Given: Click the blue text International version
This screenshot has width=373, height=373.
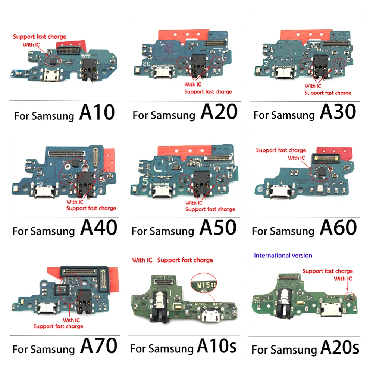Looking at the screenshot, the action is click(x=283, y=256).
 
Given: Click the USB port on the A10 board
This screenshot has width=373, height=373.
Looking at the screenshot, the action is click(x=49, y=77).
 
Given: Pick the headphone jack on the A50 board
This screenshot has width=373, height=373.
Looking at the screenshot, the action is click(x=199, y=182).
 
